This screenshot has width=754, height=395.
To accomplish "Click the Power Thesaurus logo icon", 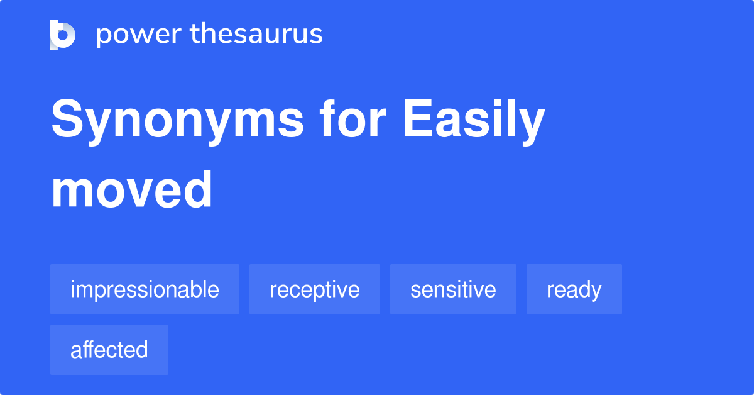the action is (x=63, y=35).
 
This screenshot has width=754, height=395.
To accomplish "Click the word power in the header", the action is (x=139, y=35).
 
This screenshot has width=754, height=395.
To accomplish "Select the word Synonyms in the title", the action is (x=178, y=121).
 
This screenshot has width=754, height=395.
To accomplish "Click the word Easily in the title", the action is (x=474, y=121).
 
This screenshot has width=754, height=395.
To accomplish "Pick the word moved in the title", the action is (x=131, y=189).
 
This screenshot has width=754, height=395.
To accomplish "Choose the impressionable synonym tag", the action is (x=145, y=289).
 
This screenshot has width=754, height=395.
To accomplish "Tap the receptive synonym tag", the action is (x=315, y=289).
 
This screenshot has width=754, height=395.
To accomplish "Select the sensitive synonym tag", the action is (x=453, y=289).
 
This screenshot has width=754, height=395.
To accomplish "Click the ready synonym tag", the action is (x=574, y=289).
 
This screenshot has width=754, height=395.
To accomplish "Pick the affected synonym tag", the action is (x=109, y=350).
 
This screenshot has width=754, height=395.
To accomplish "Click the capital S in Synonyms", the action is (x=67, y=118).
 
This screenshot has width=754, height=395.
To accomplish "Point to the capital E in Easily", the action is (x=417, y=118).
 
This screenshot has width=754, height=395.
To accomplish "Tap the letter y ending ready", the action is (x=593, y=292).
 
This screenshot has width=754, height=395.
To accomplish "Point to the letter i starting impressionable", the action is (x=72, y=289).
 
